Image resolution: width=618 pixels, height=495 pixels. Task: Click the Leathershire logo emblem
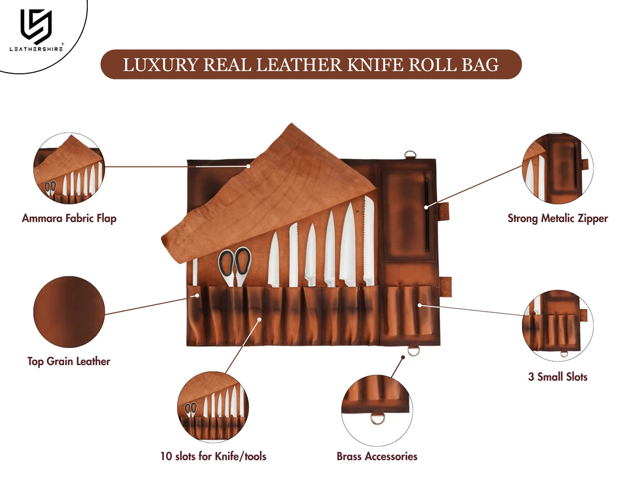36,26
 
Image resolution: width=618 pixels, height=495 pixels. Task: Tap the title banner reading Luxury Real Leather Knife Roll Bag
311,65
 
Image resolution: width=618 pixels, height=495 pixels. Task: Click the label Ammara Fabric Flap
69,219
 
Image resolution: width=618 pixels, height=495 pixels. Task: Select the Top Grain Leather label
69,361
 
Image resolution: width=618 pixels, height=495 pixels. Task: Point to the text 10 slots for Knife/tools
213,456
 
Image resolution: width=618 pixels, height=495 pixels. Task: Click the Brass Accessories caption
376,456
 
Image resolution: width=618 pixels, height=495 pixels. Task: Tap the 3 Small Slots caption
557,376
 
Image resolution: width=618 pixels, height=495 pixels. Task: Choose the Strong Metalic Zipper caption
557,218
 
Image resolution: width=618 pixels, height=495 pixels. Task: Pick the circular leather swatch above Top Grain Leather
69,312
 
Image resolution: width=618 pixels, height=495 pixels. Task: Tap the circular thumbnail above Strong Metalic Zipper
558,167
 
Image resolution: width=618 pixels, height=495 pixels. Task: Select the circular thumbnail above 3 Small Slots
558,326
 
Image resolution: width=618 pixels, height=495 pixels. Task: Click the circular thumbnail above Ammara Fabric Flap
69,169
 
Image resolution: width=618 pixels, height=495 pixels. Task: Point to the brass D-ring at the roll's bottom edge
413,351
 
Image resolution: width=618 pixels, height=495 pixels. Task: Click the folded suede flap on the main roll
266,193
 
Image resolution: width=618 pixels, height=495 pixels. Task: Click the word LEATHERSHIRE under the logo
36,49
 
